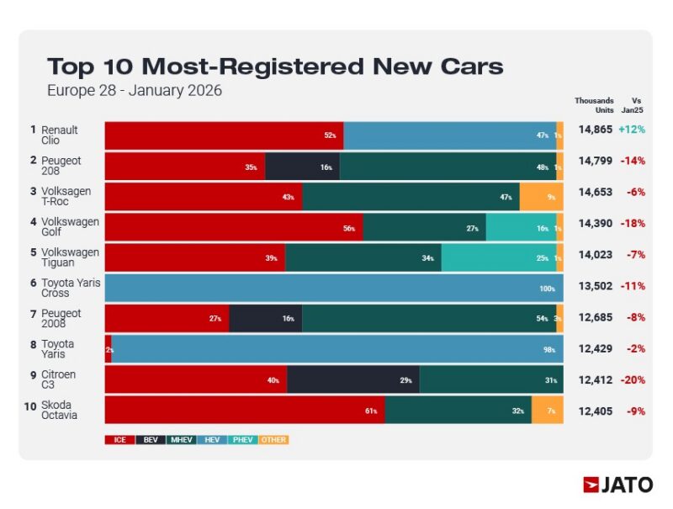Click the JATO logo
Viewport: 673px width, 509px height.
[x=617, y=485]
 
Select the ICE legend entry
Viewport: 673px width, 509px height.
[x=120, y=439]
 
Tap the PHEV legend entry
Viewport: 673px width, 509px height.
[x=244, y=439]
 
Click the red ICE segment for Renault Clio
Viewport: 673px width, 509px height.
[x=224, y=135]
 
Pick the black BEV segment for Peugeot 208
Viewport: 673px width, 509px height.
[x=302, y=167]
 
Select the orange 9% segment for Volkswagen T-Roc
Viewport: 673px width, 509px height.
[x=541, y=197]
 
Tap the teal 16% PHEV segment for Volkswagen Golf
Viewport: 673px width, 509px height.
[x=521, y=227]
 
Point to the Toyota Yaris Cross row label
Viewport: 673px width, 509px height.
[x=71, y=288]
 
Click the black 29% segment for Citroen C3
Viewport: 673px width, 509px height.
[x=352, y=379]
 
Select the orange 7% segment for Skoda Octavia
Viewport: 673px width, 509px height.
[x=547, y=410]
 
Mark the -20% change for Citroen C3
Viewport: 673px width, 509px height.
[x=633, y=380]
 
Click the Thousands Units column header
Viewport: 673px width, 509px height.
[x=594, y=105]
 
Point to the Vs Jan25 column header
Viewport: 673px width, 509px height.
[x=636, y=105]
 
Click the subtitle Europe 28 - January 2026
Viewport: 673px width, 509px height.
[x=135, y=90]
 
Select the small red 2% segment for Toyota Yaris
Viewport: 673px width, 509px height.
[x=109, y=349]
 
